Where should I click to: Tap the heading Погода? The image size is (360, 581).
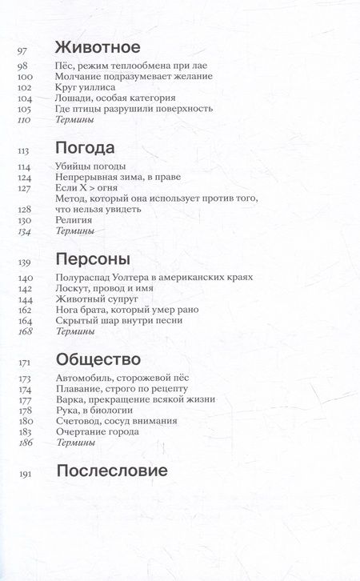tap(86, 149)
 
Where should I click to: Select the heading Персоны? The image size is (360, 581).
tap(93, 259)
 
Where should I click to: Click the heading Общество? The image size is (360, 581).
tap(99, 359)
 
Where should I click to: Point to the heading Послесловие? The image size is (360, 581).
tap(112, 471)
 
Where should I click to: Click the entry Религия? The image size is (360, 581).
tap(74, 219)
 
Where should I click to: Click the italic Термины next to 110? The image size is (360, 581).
tap(75, 120)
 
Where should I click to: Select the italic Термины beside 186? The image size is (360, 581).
tap(75, 443)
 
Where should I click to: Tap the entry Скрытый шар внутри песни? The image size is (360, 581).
tap(120, 320)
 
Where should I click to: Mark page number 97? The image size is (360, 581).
tap(22, 50)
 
